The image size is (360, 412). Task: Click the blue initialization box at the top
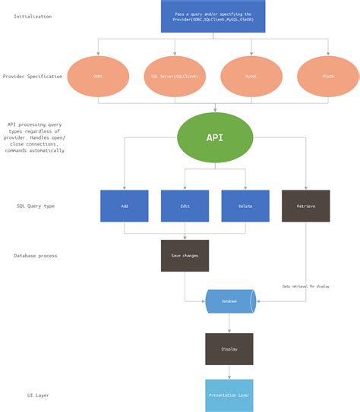[213, 16]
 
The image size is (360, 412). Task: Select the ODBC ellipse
[98, 77]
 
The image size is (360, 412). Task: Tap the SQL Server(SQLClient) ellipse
[175, 77]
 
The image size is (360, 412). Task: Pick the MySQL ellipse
[251, 77]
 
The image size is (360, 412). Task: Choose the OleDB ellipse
[328, 77]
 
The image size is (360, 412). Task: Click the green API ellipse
[215, 137]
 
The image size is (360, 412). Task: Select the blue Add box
[124, 206]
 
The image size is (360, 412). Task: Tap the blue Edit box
[185, 206]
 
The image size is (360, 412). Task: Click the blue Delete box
[245, 206]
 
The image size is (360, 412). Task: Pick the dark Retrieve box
[305, 206]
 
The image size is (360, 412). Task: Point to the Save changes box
[185, 256]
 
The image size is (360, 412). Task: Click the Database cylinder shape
[229, 301]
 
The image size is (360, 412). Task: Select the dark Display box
[229, 349]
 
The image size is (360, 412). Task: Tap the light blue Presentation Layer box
[229, 395]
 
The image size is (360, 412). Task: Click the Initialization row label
[33, 16]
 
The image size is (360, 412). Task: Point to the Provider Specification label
[33, 77]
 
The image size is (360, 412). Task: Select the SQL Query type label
[36, 206]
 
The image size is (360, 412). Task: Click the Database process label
[35, 256]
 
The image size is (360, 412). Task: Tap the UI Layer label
[37, 395]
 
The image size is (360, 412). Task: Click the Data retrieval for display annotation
[306, 286]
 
